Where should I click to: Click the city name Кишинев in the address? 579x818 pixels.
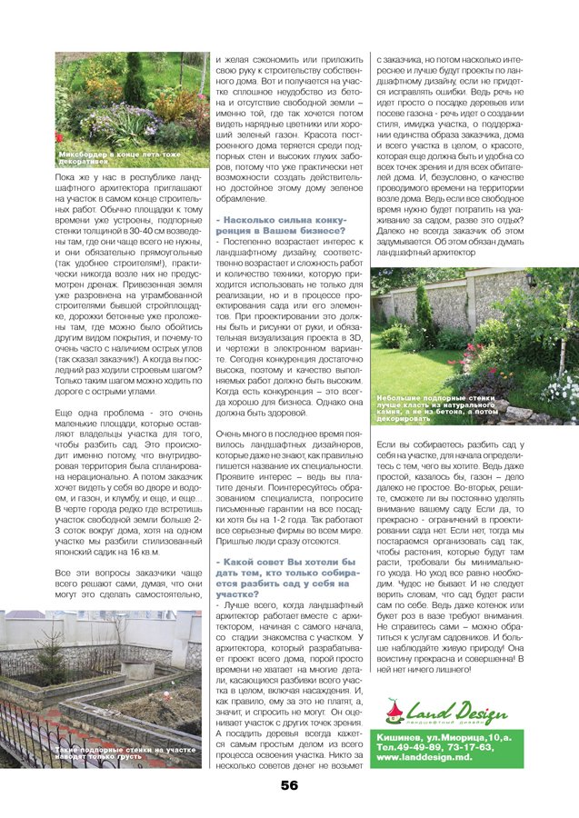pos(399,734)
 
